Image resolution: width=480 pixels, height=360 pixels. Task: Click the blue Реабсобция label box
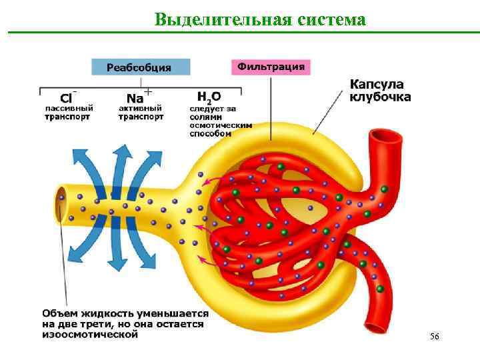(140, 67)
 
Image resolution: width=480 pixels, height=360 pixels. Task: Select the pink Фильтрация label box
(271, 67)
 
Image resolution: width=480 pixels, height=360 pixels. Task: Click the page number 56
(435, 337)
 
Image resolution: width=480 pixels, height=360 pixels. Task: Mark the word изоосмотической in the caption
(89, 335)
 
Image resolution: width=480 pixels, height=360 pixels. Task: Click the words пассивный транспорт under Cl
(69, 112)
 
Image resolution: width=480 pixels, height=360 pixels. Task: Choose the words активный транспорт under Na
(141, 112)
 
